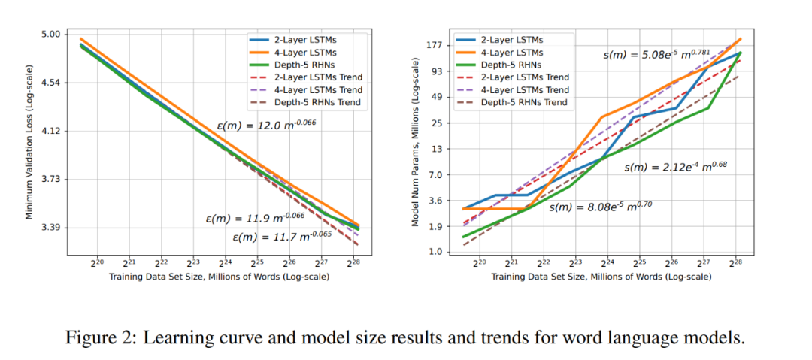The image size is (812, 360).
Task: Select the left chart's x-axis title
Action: [218, 277]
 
